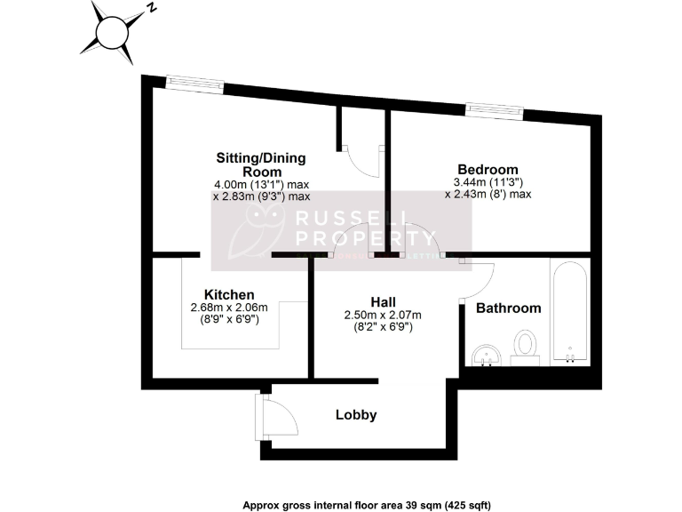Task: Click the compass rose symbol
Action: (x=112, y=33)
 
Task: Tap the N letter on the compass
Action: (x=153, y=8)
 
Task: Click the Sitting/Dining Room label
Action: (x=261, y=164)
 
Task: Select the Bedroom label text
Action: (x=488, y=170)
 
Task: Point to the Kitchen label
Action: (x=229, y=295)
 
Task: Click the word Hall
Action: (x=383, y=301)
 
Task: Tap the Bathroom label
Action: (x=508, y=308)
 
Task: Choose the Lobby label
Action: (x=356, y=415)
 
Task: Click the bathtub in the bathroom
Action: (x=568, y=311)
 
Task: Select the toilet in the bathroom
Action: (x=526, y=346)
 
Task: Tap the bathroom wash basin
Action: (x=485, y=355)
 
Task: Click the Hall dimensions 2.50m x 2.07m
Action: (x=382, y=315)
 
